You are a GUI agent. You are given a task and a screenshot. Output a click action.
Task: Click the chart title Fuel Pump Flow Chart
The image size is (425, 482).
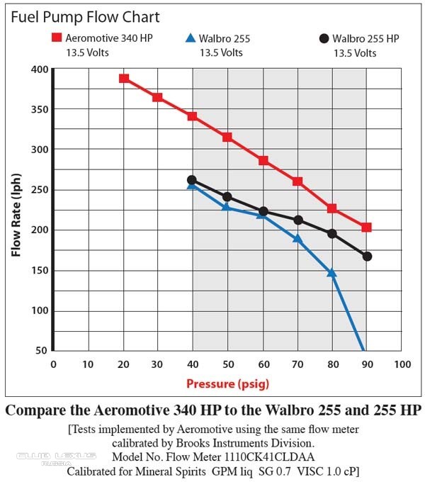86,17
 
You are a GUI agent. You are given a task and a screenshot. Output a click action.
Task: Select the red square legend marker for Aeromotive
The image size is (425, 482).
57,38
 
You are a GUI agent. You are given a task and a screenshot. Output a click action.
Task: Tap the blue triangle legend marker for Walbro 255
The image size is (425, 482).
191,38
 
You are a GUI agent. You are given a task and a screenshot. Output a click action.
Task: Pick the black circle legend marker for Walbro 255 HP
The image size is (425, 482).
324,38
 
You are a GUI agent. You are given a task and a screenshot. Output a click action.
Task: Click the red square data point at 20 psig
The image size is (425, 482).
124,79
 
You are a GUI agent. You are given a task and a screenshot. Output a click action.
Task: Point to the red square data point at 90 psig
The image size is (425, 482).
366,228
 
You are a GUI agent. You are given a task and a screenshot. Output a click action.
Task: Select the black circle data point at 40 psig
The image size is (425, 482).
192,180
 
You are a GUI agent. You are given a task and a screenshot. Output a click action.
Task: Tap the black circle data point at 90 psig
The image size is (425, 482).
367,257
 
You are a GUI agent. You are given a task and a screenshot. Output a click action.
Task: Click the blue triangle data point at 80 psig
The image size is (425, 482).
331,273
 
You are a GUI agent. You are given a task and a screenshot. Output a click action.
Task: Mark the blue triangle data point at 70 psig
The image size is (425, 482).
297,239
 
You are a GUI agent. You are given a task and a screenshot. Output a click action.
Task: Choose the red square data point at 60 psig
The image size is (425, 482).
263,160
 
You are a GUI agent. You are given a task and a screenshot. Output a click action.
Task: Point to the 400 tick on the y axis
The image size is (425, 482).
40,69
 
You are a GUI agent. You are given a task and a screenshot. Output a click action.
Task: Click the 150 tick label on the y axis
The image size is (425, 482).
40,271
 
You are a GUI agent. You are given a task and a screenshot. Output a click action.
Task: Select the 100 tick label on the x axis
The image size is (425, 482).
402,364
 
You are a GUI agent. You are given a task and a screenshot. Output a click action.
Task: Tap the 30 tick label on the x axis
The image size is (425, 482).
157,364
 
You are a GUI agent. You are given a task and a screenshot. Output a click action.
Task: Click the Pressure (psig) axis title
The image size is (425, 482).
227,384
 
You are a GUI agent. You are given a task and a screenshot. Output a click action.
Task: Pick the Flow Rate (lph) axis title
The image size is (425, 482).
16,215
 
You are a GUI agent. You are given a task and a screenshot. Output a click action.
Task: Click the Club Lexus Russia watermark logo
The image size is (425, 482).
56,459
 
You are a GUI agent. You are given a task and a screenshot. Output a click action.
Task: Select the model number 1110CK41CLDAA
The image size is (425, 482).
269,456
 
